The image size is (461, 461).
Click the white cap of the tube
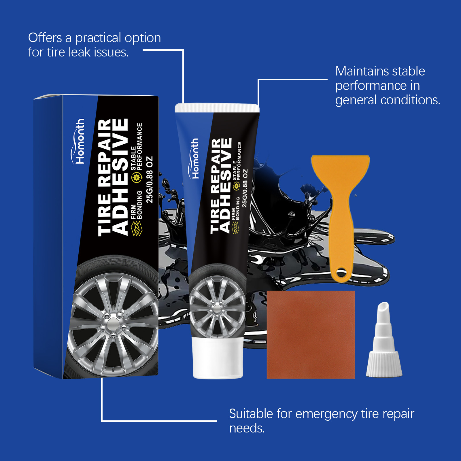218,359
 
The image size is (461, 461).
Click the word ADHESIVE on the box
120,177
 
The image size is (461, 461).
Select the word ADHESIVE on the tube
225,186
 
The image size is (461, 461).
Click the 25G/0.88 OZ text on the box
150,180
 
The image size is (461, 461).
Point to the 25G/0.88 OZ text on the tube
245,188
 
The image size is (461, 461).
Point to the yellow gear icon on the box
136,177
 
